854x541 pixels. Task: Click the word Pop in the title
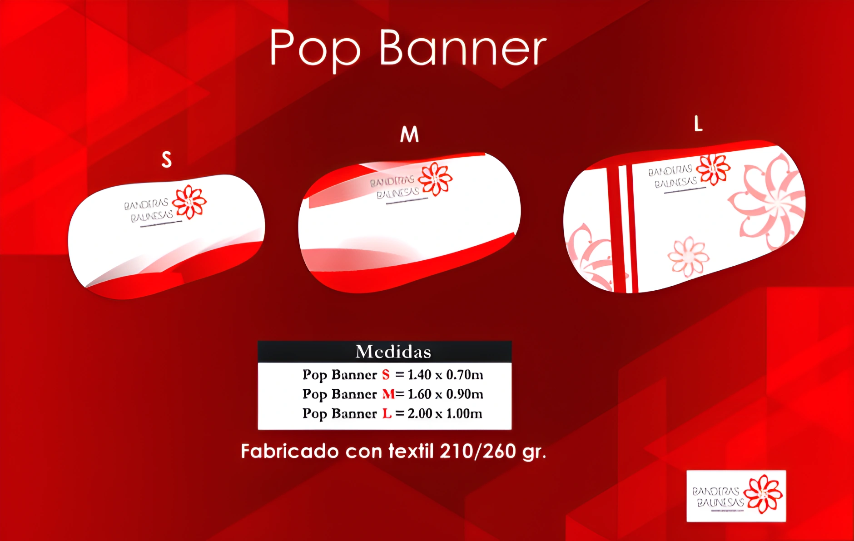pos(315,49)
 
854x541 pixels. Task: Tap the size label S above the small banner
pos(167,159)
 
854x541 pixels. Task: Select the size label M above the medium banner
pos(409,134)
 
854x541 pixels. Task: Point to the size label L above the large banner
pos(698,124)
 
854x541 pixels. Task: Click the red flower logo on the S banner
pos(189,202)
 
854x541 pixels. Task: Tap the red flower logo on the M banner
pos(435,179)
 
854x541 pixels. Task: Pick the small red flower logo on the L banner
pos(713,169)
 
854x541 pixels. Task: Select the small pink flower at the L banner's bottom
pos(688,257)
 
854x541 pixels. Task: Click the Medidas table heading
pos(393,352)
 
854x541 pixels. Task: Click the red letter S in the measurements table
pos(386,375)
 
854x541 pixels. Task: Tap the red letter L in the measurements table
pos(387,413)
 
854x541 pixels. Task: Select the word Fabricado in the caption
pos(289,452)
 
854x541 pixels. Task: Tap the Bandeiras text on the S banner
pos(146,204)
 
